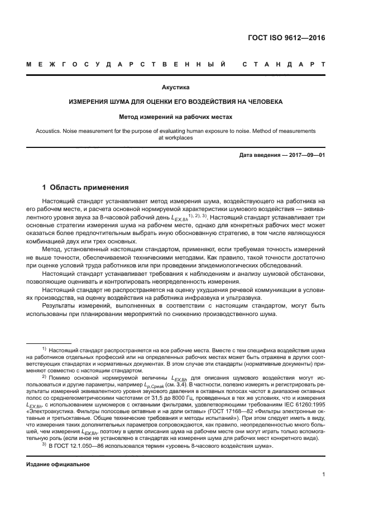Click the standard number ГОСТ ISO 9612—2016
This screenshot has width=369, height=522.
(x=285, y=39)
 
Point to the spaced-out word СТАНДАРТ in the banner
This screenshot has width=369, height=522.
(x=284, y=65)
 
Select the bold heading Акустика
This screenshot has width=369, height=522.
(x=176, y=88)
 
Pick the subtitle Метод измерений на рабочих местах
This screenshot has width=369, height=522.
(x=176, y=117)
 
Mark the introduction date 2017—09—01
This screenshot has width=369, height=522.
(x=305, y=154)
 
